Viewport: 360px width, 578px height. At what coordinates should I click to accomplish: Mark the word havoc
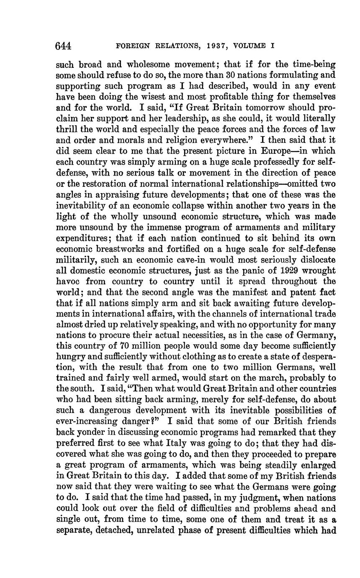pyautogui.click(x=68, y=281)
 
